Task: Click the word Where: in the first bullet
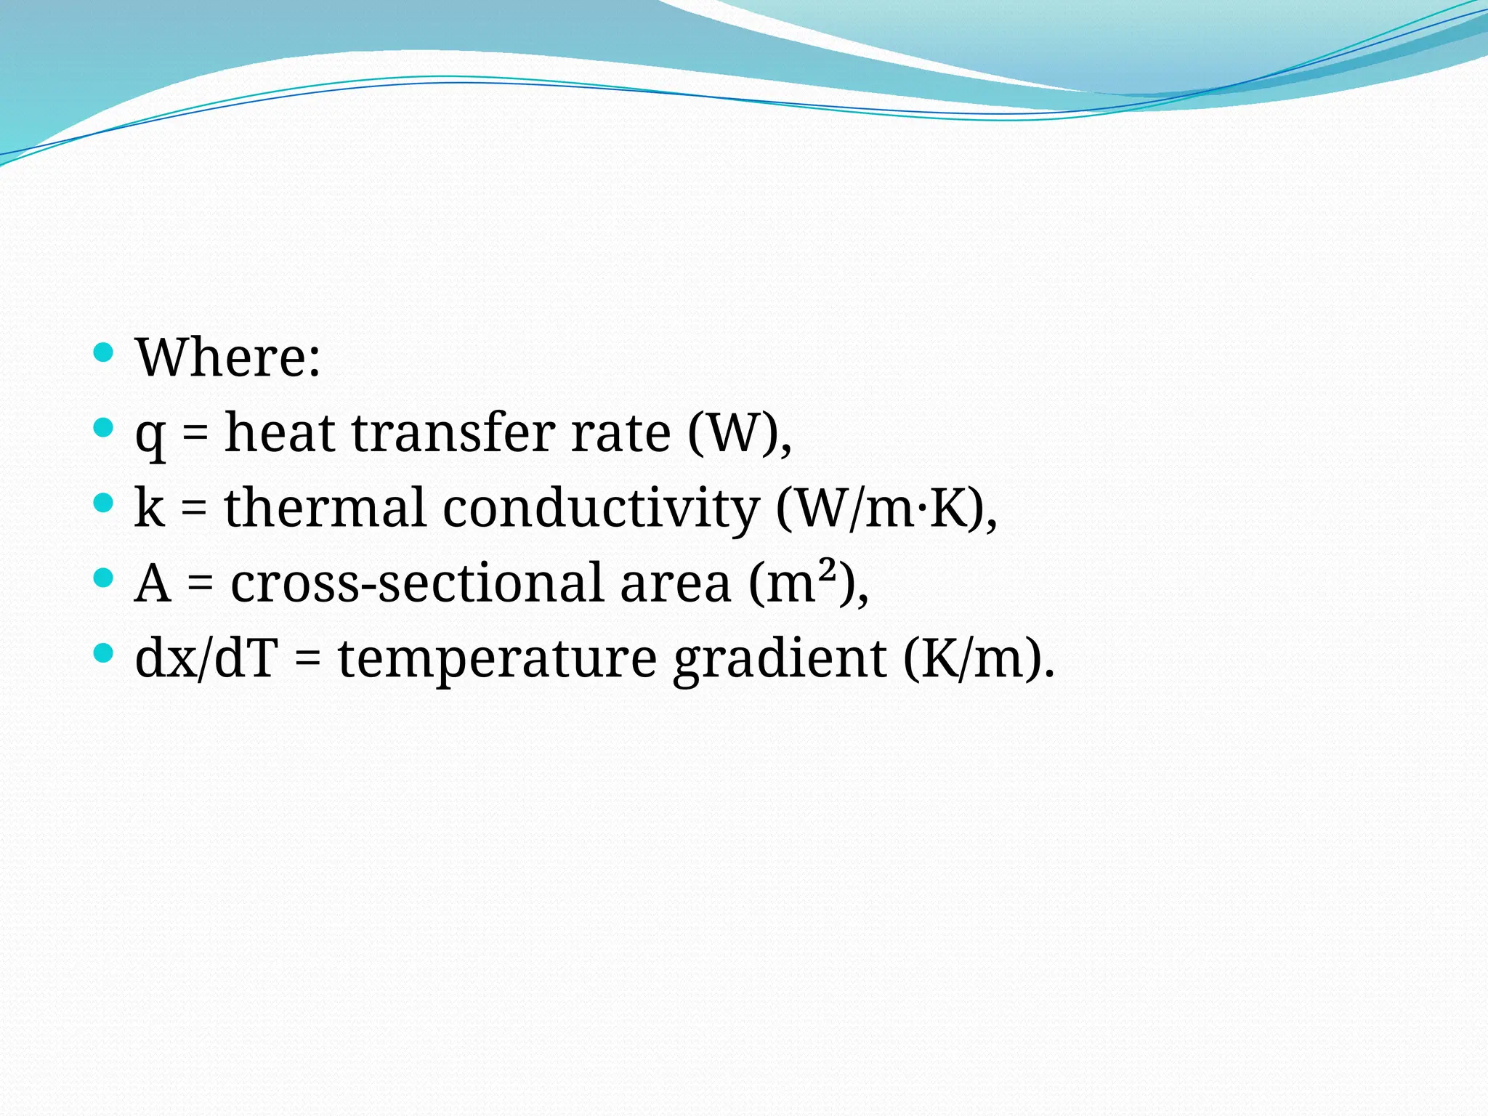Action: [x=227, y=357]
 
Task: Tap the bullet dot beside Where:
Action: [x=104, y=352]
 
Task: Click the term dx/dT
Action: [x=206, y=658]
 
